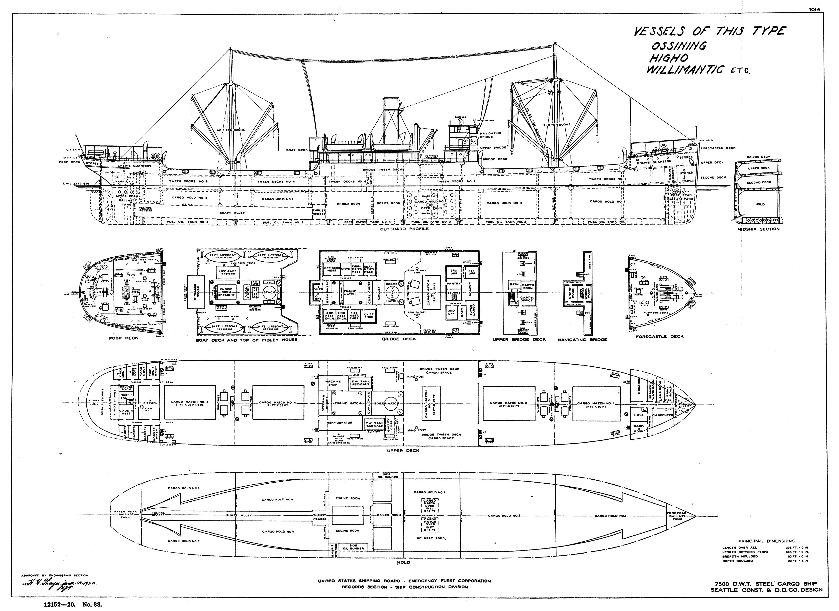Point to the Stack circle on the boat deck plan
tap(269, 292)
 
